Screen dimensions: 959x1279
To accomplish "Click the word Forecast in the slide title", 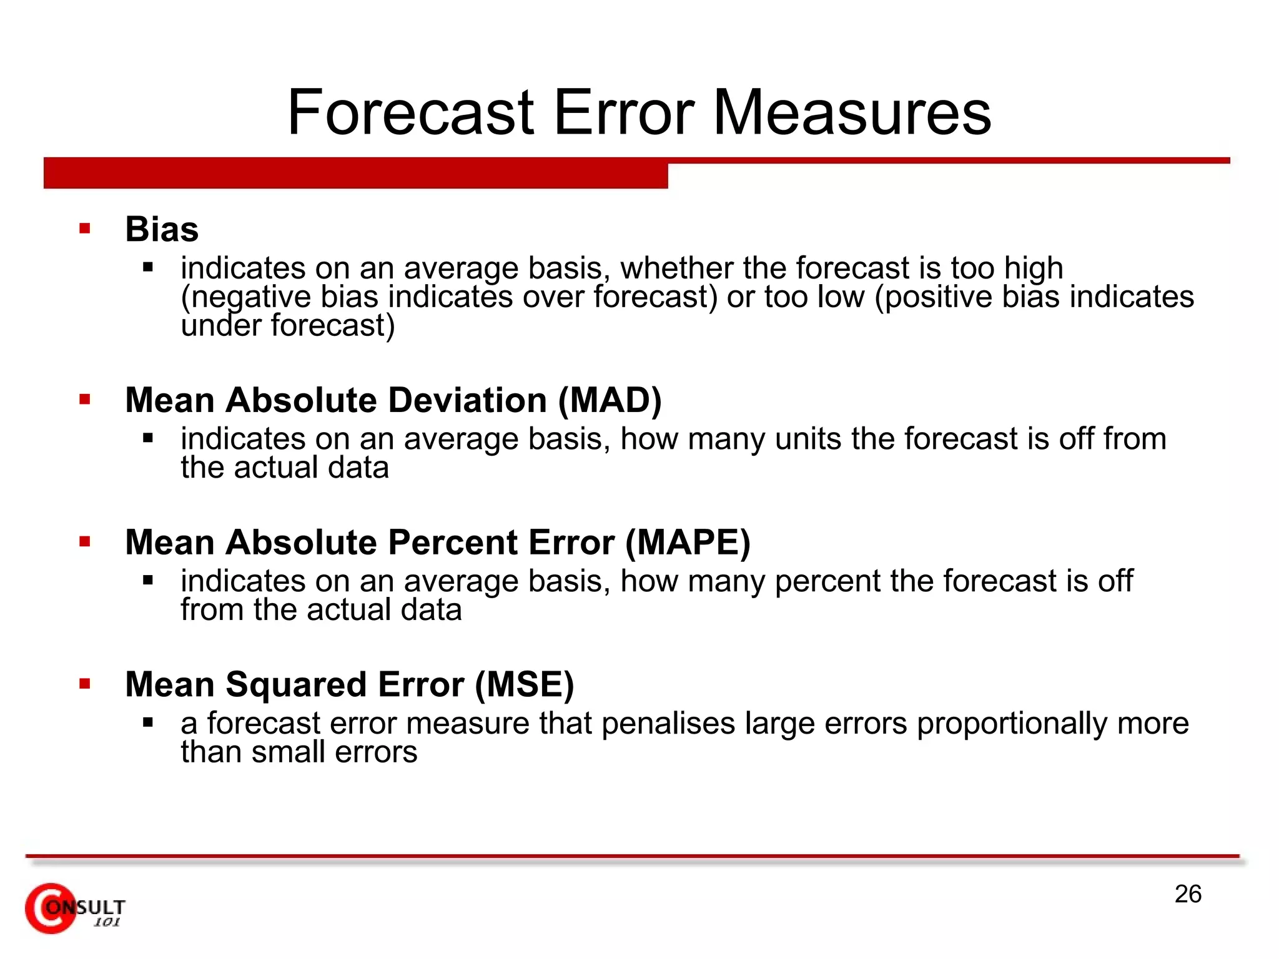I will coord(410,112).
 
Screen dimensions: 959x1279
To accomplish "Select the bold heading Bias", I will coord(162,229).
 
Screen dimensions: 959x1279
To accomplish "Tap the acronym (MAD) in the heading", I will coord(610,400).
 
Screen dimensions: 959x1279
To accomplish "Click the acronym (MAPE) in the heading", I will coord(688,542).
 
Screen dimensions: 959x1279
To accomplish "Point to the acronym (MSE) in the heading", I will coord(524,684).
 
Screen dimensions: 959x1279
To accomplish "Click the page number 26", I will coord(1188,894).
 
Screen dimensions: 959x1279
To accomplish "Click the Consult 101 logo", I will coord(75,908).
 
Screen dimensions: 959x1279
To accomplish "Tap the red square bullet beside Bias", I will coord(85,229).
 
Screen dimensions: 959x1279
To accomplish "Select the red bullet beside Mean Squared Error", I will coord(85,684).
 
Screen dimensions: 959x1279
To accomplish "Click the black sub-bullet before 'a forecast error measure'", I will coord(148,723).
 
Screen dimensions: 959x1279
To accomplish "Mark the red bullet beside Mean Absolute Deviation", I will coord(85,399).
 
